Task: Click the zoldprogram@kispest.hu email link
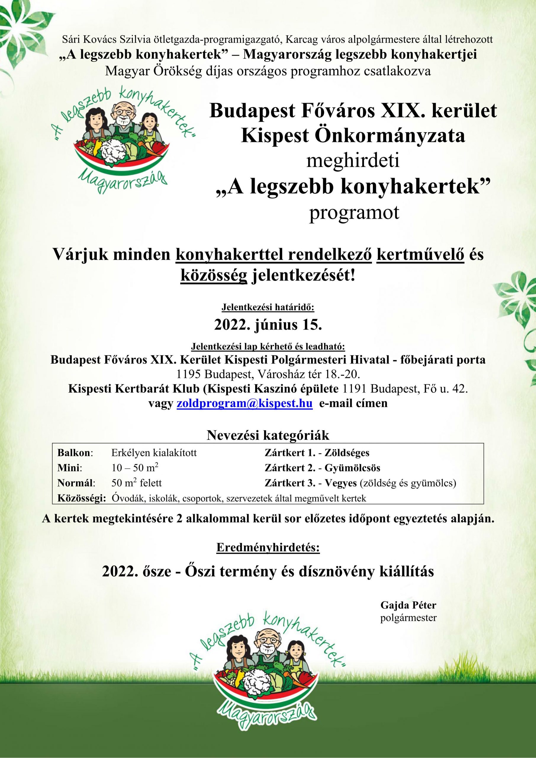[x=244, y=404]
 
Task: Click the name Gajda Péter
[x=408, y=606]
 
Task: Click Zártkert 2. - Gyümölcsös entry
[x=322, y=468]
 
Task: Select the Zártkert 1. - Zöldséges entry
[x=317, y=453]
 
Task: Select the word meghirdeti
[x=353, y=162]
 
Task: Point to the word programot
[x=354, y=213]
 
